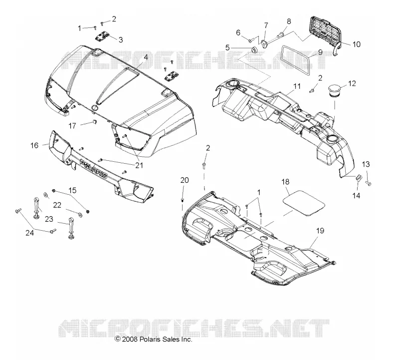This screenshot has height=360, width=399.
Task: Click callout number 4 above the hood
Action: pyautogui.click(x=146, y=57)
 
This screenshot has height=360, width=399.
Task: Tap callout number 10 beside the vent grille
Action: pyautogui.click(x=357, y=44)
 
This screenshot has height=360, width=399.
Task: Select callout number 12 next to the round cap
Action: pyautogui.click(x=352, y=83)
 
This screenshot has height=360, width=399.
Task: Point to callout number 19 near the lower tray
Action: pyautogui.click(x=320, y=231)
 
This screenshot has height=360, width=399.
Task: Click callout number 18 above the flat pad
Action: pyautogui.click(x=285, y=182)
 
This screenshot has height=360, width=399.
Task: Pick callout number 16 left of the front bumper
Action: pyautogui.click(x=34, y=145)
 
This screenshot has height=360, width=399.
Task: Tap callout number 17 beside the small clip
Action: pyautogui.click(x=72, y=126)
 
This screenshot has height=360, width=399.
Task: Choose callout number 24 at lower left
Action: pyautogui.click(x=30, y=233)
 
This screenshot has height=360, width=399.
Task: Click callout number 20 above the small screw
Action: pyautogui.click(x=185, y=180)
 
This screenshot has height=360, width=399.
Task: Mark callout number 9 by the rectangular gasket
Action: pyautogui.click(x=320, y=52)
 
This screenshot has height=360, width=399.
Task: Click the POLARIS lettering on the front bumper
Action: pyautogui.click(x=93, y=169)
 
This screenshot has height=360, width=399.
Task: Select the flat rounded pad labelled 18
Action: pyautogui.click(x=304, y=203)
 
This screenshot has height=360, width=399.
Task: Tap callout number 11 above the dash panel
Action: pyautogui.click(x=297, y=86)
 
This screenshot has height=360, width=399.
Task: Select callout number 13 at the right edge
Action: pyautogui.click(x=366, y=164)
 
